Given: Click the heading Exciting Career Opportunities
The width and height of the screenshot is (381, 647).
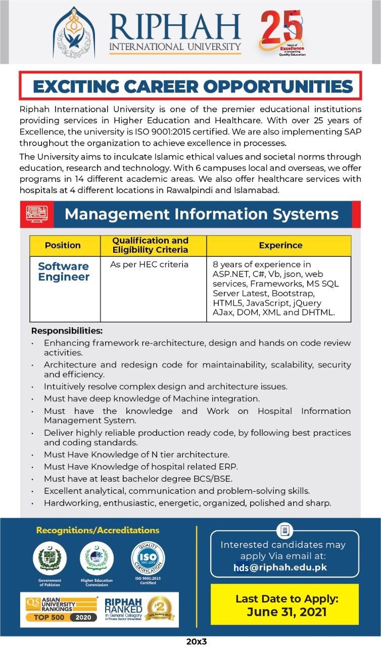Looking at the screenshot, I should pyautogui.click(x=193, y=86).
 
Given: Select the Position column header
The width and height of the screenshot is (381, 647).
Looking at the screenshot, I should pyautogui.click(x=63, y=245).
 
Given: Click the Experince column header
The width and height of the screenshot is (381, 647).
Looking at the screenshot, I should pyautogui.click(x=280, y=245).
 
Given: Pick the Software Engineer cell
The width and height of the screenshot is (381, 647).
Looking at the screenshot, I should pyautogui.click(x=64, y=271).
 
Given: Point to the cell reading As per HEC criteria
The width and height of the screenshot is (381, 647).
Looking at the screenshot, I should pyautogui.click(x=149, y=264).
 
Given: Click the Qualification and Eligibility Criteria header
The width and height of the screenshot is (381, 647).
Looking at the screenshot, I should pyautogui.click(x=150, y=245).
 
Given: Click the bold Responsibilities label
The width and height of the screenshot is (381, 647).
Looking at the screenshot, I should pyautogui.click(x=67, y=331).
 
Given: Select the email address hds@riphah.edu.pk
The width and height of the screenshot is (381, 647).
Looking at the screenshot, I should pyautogui.click(x=280, y=567).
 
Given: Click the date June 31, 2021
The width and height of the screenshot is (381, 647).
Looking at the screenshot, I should pyautogui.click(x=286, y=612).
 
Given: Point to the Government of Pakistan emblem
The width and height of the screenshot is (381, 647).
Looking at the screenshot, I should pyautogui.click(x=50, y=558).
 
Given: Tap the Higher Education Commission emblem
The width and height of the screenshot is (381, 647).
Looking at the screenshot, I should pyautogui.click(x=97, y=558).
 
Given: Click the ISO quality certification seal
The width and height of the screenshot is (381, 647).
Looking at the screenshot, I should pyautogui.click(x=148, y=558).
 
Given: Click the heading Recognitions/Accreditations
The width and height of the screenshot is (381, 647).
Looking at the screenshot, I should pyautogui.click(x=98, y=530).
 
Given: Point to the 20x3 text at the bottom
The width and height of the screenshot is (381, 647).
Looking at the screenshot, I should pyautogui.click(x=197, y=641).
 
